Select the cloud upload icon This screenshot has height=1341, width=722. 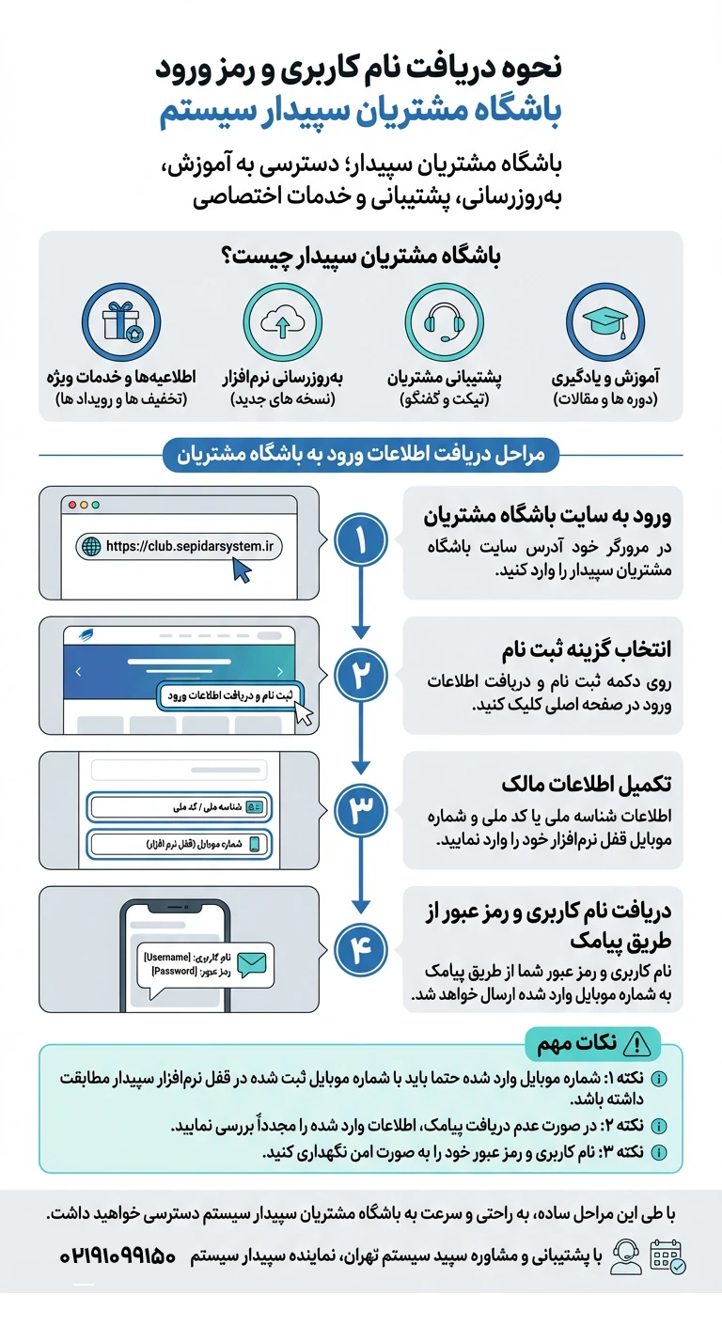click(x=281, y=322)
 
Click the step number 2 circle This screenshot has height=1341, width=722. click(x=361, y=676)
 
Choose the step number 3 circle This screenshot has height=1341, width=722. click(x=361, y=811)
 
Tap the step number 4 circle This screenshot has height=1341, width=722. click(x=361, y=951)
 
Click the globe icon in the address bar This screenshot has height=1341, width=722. click(x=91, y=546)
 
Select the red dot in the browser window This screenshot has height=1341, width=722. click(x=71, y=505)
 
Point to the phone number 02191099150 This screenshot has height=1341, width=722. click(x=118, y=1256)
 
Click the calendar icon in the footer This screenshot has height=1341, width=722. click(x=668, y=1256)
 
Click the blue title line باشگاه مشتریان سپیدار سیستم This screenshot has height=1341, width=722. click(x=361, y=109)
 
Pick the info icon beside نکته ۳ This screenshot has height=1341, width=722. click(x=658, y=1152)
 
